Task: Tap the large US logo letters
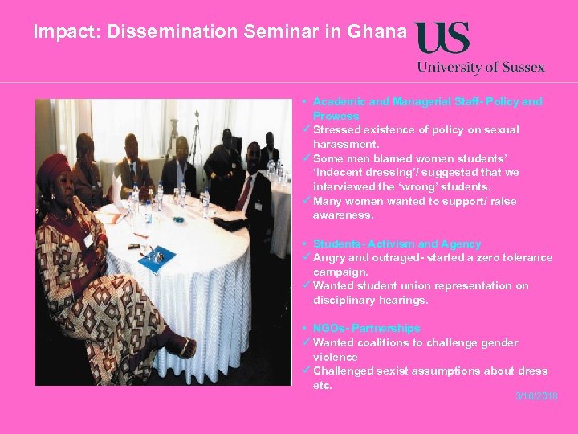[442, 38]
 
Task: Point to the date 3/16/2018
[536, 397]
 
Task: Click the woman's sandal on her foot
[185, 347]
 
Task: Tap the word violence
[336, 357]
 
